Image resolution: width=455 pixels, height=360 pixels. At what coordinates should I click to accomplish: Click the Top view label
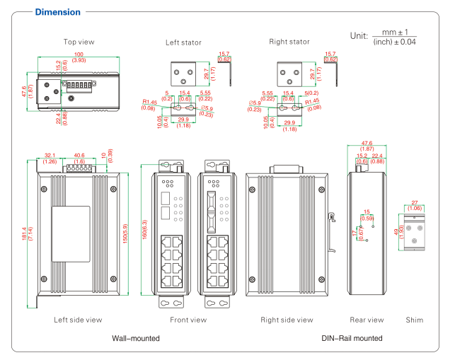pos(79,42)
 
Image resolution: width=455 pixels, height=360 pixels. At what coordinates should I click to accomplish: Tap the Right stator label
pos(289,42)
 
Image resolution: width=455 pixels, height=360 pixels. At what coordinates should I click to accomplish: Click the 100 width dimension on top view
pos(79,54)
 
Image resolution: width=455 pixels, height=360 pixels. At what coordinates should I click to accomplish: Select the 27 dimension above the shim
pos(416,202)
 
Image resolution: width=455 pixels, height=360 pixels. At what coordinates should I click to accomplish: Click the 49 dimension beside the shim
pos(397,233)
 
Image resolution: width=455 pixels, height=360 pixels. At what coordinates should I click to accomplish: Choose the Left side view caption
pos(78,320)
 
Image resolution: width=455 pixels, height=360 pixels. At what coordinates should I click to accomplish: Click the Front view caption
pos(188,320)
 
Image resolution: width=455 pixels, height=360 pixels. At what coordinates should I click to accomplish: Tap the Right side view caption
pos(287,320)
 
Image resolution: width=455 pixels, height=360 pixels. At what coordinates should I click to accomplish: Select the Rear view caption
pos(367,320)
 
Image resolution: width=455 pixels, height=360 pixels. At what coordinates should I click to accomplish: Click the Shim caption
pos(415,320)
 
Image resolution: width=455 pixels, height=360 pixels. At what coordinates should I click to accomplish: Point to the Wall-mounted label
pos(136,339)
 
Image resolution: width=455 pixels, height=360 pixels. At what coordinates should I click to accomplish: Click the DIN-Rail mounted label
pos(352,339)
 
